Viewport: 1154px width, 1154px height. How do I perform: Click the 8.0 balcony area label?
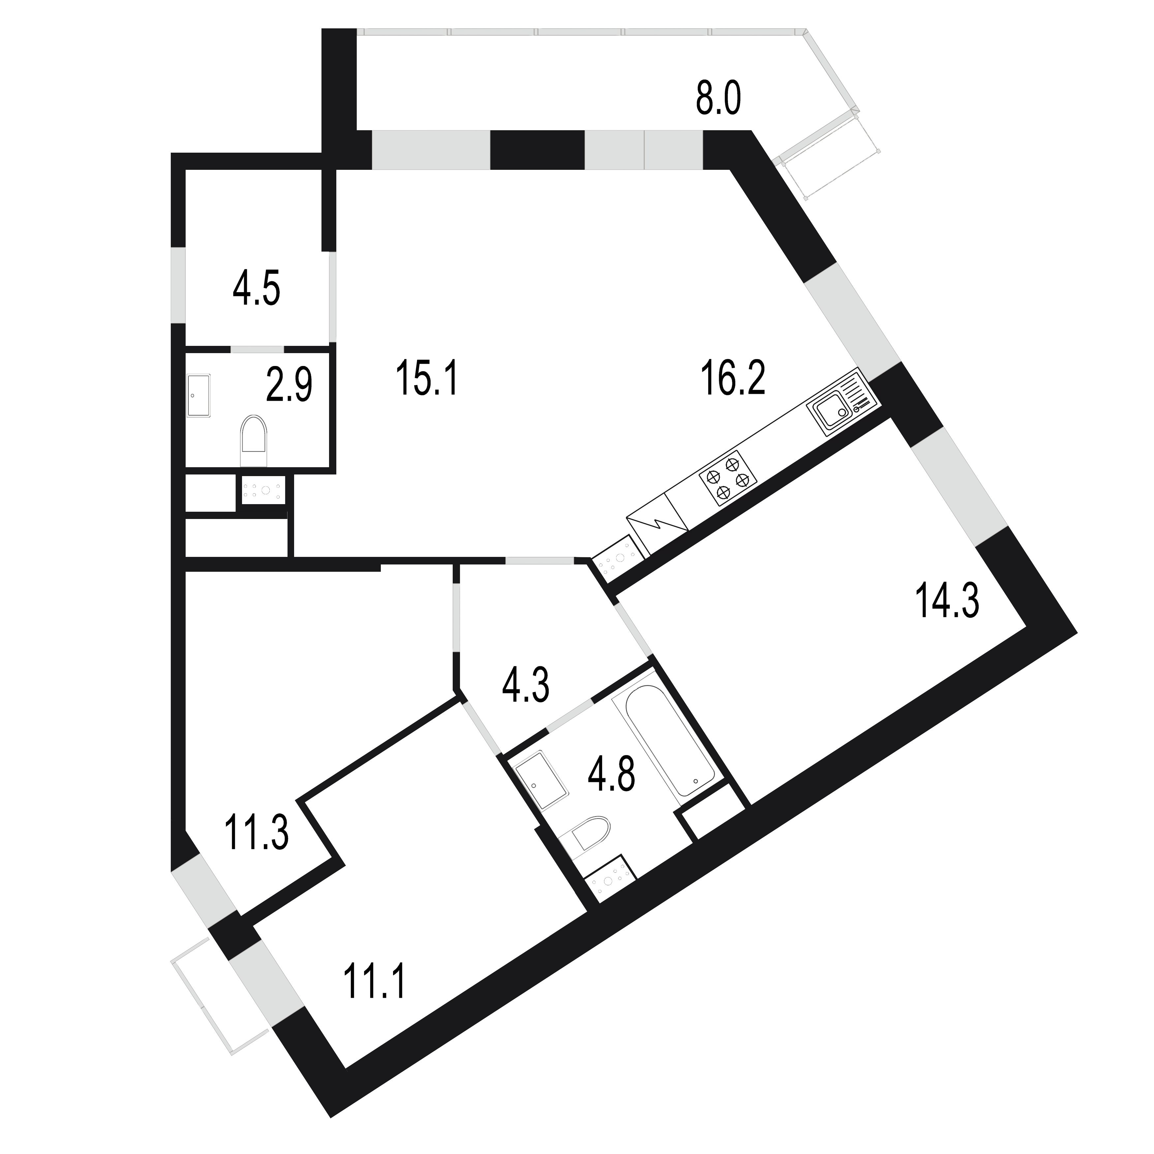coord(718,100)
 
